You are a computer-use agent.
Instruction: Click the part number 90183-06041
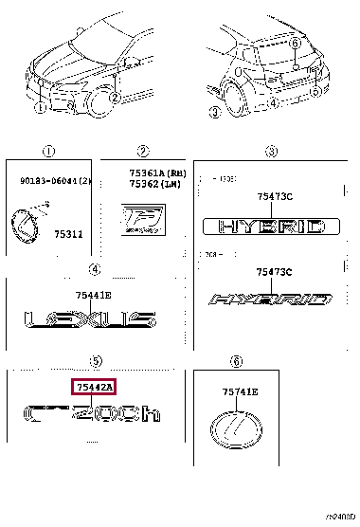[x=48, y=181]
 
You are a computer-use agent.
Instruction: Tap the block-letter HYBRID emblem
[x=270, y=227]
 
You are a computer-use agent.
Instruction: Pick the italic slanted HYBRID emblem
[x=270, y=300]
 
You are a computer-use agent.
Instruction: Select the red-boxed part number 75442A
[x=94, y=387]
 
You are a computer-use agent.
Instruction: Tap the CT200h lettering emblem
[x=89, y=415]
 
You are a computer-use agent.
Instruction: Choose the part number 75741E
[x=241, y=391]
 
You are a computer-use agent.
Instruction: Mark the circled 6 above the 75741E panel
[x=236, y=360]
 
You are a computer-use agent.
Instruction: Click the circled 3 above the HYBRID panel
[x=270, y=151]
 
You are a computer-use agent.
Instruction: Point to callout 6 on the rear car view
[x=295, y=44]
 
